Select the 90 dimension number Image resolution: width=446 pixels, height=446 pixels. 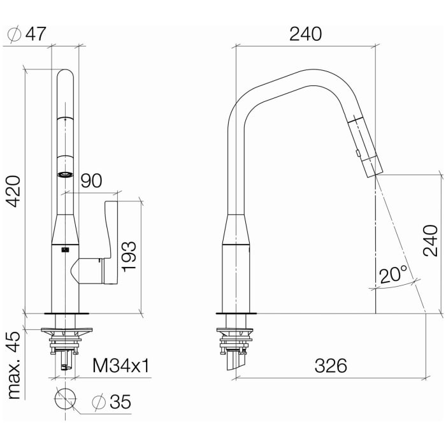[x=92, y=181]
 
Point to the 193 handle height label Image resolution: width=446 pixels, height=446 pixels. [x=129, y=256]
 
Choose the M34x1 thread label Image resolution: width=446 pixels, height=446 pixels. [x=121, y=366]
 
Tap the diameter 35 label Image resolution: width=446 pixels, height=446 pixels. [x=111, y=402]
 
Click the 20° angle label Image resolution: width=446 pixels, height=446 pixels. [x=393, y=275]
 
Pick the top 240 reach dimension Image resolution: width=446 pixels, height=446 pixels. [x=305, y=34]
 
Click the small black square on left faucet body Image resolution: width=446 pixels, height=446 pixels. [x=64, y=250]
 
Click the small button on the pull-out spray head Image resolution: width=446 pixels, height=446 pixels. [x=358, y=152]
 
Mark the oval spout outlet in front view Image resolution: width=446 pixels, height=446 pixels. [x=64, y=174]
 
